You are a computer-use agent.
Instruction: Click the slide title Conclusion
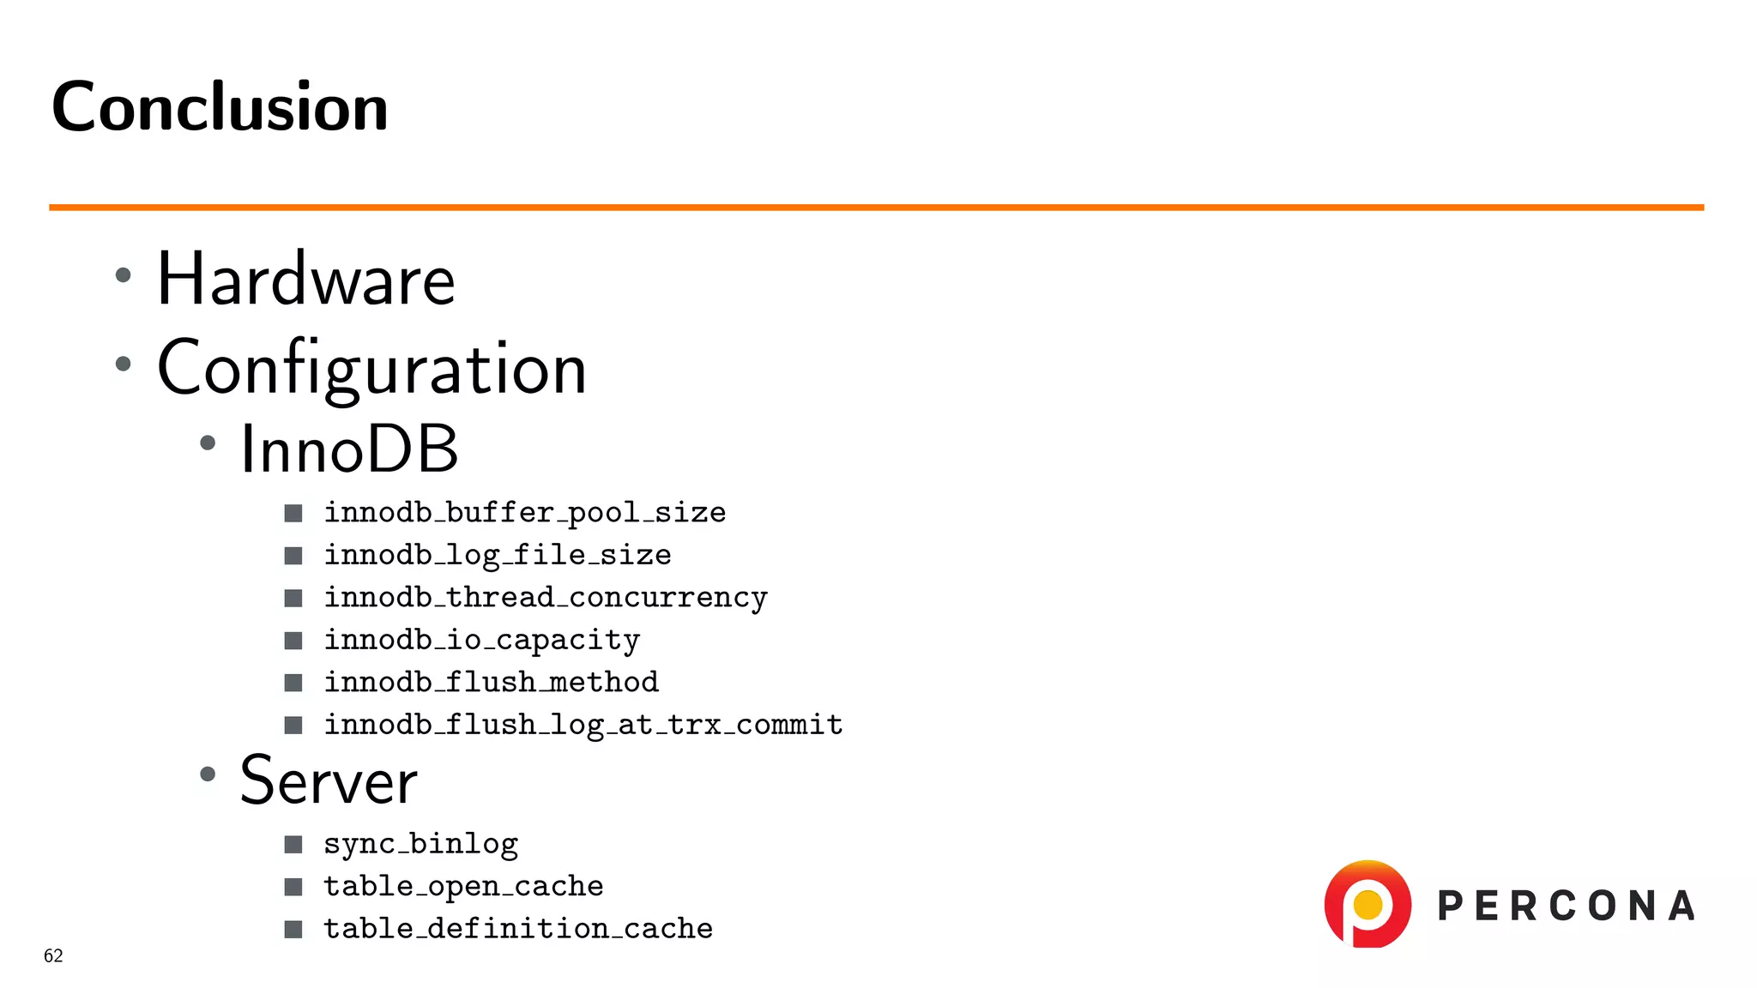220,107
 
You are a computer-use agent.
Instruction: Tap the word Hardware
305,280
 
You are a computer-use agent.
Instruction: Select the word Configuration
371,368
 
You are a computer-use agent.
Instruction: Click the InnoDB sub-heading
348,449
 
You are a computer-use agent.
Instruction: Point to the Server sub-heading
328,780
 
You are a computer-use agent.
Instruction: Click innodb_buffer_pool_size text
524,513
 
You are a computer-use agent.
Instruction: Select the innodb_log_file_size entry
497,555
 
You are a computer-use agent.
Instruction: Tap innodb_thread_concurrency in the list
545,597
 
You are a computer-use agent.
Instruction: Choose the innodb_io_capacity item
481,640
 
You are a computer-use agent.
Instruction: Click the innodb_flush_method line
491,682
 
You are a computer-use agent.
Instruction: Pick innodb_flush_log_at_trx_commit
583,725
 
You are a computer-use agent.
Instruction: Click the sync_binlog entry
420,844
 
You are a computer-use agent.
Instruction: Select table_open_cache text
463,886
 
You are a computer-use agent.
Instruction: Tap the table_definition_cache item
517,928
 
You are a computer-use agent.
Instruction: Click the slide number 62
53,955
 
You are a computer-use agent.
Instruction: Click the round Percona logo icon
1368,904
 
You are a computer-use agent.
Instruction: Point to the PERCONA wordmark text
1566,907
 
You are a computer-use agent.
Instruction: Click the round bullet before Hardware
124,275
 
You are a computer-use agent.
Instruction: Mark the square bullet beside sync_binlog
293,845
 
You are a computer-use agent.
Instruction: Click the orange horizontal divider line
875,208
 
